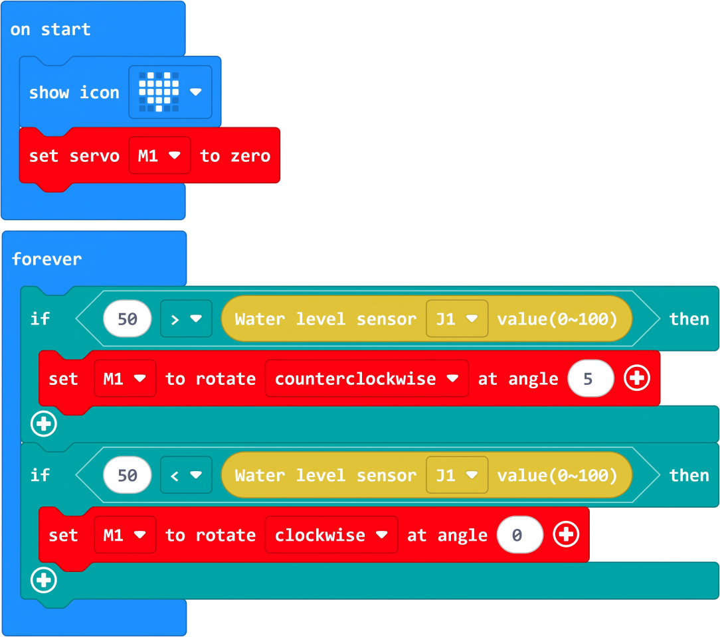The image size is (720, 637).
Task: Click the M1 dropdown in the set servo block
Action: click(x=159, y=156)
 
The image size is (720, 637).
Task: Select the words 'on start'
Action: click(x=50, y=29)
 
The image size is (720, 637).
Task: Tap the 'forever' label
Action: click(x=46, y=259)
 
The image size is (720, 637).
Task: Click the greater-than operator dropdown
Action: click(x=186, y=319)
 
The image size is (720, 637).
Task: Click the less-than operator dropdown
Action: click(x=186, y=475)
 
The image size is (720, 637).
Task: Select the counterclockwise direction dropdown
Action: click(x=367, y=379)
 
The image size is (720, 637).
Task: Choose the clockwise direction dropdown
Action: click(x=331, y=535)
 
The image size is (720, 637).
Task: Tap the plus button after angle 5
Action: click(x=637, y=379)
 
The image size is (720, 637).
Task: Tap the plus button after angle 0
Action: click(x=566, y=535)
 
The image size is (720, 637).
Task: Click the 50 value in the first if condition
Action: click(x=127, y=319)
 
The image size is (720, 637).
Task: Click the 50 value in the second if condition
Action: click(x=127, y=475)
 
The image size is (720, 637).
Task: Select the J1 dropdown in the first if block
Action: click(x=457, y=319)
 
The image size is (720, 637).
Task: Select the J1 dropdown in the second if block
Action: click(x=457, y=475)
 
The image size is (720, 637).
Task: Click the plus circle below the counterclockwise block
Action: click(x=44, y=424)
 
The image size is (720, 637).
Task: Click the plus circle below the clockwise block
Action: click(x=44, y=581)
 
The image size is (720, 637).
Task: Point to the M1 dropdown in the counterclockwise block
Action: click(x=125, y=379)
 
